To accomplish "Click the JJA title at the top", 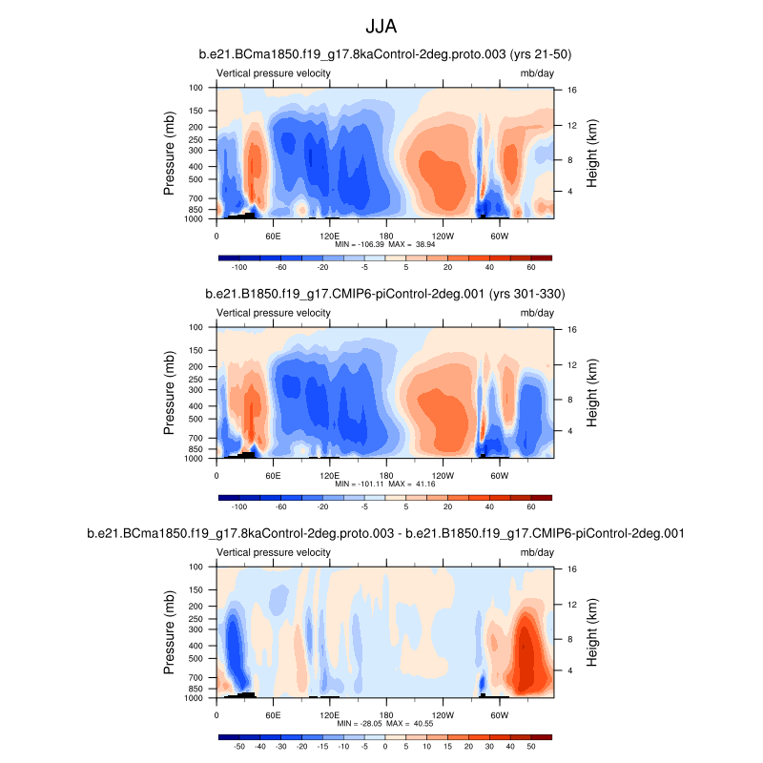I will pos(381,24).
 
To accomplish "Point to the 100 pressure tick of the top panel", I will pos(196,88).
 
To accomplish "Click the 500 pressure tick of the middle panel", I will pos(196,419).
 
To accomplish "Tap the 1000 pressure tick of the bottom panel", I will pos(195,698).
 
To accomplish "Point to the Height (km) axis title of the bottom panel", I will pos(592,631).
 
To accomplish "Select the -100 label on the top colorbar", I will pos(240,268).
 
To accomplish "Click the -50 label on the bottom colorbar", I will pos(239,747).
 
